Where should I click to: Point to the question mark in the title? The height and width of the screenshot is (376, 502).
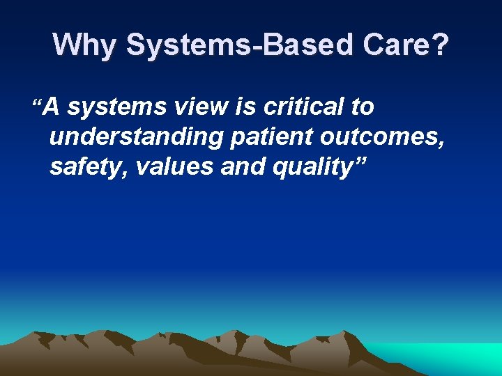(441, 45)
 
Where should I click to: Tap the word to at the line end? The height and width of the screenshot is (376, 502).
(362, 107)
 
